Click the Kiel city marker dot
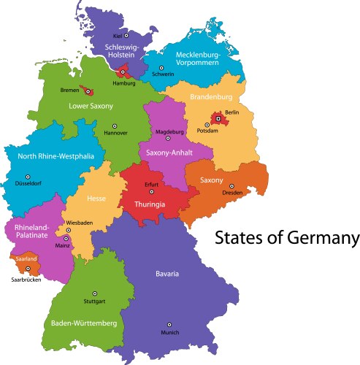pyautogui.click(x=126, y=34)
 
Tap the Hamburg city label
pyautogui.click(x=123, y=83)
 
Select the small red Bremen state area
pyautogui.click(x=88, y=91)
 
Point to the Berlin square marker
pyautogui.click(x=217, y=118)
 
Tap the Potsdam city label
pyautogui.click(x=207, y=131)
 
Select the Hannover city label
pyautogui.click(x=115, y=134)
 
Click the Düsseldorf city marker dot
pyautogui.click(x=28, y=177)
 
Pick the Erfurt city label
pyautogui.click(x=151, y=185)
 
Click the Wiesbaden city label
pyautogui.click(x=80, y=221)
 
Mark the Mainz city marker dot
pyautogui.click(x=66, y=238)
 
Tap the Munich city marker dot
pyautogui.click(x=169, y=324)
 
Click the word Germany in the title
pyautogui.click(x=322, y=239)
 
